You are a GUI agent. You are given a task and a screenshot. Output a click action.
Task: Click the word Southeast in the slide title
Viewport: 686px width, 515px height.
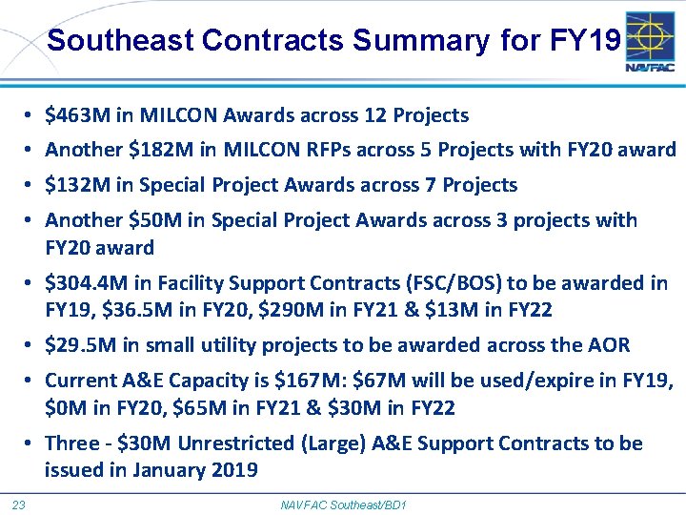(x=120, y=41)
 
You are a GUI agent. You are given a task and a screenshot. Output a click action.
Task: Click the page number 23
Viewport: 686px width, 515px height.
(x=18, y=504)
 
